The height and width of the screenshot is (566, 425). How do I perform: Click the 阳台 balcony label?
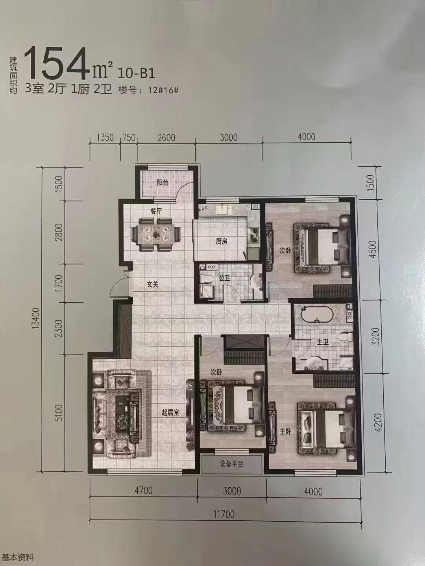tap(163, 182)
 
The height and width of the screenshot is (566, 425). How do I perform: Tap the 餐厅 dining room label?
tap(156, 211)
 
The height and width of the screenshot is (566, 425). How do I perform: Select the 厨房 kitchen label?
tap(222, 242)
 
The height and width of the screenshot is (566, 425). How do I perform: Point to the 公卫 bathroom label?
tap(224, 279)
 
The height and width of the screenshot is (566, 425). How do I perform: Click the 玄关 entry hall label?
tap(152, 285)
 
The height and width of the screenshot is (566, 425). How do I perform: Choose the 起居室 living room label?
tap(170, 413)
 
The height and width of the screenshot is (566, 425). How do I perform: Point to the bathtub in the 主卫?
tap(317, 314)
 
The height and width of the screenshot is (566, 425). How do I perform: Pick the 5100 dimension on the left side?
tap(59, 413)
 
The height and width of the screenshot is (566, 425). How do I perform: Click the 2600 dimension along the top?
tap(166, 138)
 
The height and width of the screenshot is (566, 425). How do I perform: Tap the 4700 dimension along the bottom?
tap(144, 490)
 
